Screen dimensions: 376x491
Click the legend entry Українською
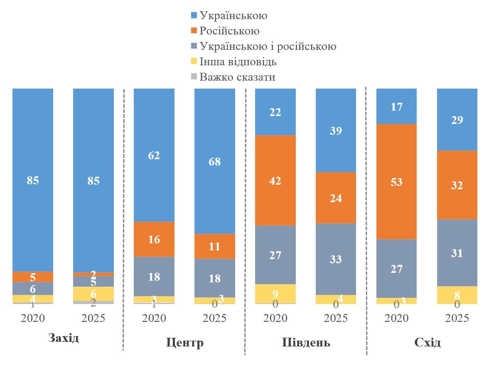233,16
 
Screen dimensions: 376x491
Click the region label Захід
64,337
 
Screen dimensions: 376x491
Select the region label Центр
185,343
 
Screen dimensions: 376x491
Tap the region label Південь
306,343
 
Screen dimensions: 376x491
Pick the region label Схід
427,343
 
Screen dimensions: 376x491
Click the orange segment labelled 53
396,182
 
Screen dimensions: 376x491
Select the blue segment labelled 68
215,161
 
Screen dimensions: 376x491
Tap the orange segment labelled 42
275,181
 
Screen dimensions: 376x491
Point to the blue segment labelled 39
336,131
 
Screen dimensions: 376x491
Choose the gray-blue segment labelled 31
457,253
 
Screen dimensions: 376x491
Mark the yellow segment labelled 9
275,294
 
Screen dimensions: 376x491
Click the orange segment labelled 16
154,239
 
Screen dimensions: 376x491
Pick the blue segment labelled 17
396,106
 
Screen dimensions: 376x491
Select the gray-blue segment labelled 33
336,259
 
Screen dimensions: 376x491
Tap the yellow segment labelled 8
457,295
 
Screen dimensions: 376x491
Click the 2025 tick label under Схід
457,319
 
